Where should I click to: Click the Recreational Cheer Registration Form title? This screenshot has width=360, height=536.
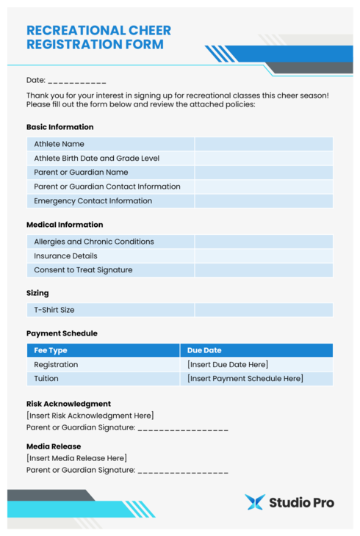98,37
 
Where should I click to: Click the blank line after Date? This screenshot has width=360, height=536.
77,80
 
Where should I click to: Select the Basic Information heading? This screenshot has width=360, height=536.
60,127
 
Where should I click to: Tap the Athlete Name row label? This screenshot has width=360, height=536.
59,144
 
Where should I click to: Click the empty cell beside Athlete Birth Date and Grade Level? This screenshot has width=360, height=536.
263,158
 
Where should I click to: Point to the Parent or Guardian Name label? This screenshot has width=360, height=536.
81,173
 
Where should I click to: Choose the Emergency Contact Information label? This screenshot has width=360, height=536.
93,200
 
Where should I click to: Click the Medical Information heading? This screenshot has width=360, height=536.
65,225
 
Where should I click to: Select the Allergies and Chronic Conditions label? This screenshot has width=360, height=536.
93,242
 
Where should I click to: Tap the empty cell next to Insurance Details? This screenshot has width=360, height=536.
263,256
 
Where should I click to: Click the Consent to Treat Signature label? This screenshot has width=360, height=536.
83,270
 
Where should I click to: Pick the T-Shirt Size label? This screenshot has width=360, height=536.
54,310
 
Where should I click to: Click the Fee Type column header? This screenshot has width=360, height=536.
51,350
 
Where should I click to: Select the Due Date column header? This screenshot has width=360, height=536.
204,350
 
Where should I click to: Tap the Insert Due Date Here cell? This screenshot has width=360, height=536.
228,365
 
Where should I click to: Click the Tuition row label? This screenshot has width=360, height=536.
46,379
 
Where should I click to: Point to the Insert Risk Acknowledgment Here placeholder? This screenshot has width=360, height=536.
90,416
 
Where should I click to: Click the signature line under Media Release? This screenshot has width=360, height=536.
183,471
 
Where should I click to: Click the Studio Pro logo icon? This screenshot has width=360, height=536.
254,502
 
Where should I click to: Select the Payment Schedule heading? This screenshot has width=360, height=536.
62,333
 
